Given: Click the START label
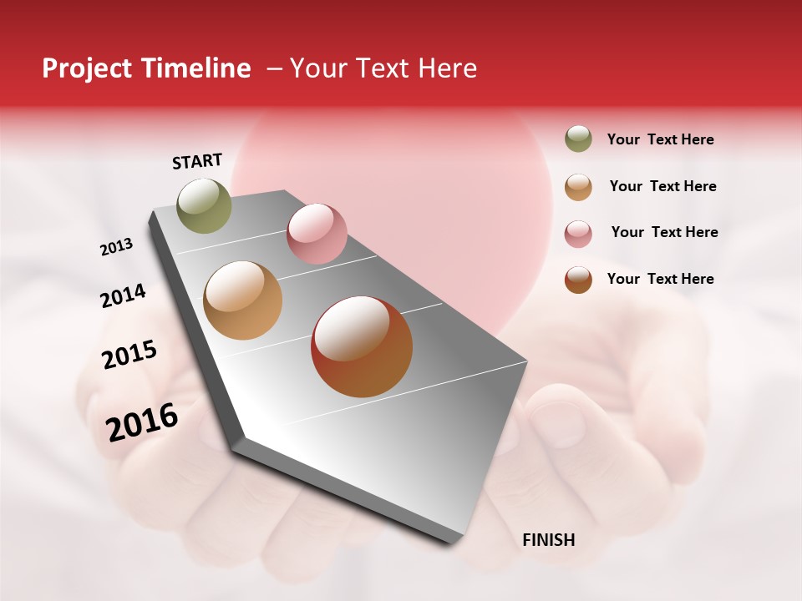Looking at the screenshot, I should [197, 161].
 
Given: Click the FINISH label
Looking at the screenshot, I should [548, 540].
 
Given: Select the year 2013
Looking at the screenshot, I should [116, 247].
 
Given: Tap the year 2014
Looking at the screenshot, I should [123, 295].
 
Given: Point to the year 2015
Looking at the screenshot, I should [129, 355].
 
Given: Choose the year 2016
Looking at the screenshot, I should [141, 422].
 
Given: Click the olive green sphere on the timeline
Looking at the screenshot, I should [205, 205].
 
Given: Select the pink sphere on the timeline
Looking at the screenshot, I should [317, 234].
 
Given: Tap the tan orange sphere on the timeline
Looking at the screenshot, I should [242, 300].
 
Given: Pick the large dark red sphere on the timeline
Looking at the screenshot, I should [362, 346].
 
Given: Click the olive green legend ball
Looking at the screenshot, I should [578, 139].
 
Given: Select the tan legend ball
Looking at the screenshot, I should [578, 186].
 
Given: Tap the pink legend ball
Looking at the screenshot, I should [578, 233].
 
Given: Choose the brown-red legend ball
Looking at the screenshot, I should [578, 280].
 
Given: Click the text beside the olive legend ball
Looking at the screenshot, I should [660, 139].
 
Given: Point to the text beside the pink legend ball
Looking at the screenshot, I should [664, 232].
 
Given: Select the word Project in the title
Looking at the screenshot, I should [88, 68].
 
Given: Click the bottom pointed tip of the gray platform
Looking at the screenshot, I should [451, 543].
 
